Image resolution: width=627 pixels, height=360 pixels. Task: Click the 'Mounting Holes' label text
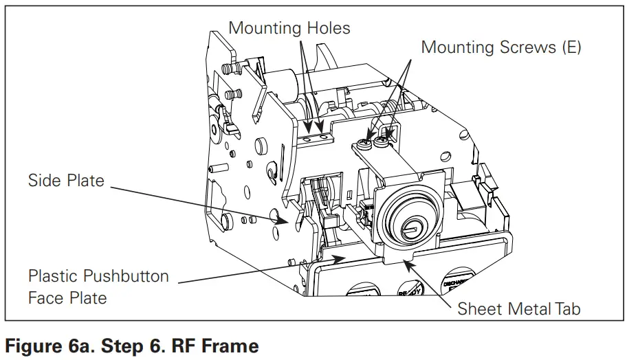(289, 28)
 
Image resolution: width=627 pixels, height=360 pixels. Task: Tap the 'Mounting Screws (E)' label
(500, 47)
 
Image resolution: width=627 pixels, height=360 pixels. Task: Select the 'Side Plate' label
(66, 181)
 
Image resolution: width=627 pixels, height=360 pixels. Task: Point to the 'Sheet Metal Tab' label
(519, 308)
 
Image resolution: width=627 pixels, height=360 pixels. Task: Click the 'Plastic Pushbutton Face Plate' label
(98, 286)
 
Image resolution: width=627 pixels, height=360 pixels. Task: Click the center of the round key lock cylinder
(411, 225)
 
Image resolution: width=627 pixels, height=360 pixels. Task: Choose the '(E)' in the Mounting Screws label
(569, 47)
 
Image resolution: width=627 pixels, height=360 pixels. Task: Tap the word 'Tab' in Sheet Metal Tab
(566, 308)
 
